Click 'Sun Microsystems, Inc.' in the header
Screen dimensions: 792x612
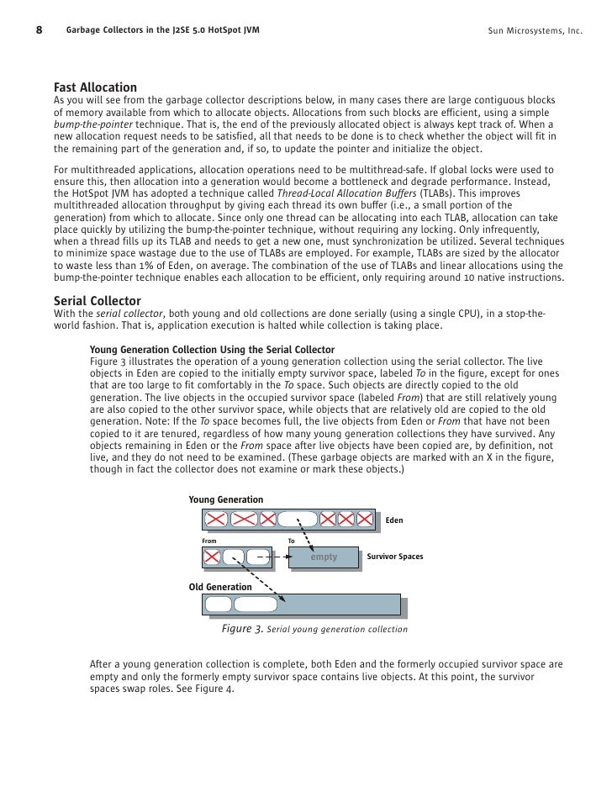click(535, 32)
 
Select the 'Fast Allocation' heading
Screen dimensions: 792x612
click(95, 87)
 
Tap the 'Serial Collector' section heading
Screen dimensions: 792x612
click(98, 300)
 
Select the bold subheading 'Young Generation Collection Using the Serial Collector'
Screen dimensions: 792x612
click(212, 350)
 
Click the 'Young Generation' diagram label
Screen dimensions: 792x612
click(225, 499)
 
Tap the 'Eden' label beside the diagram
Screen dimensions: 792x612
click(393, 520)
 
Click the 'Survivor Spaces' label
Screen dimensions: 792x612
click(394, 557)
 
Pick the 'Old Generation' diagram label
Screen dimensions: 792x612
click(220, 587)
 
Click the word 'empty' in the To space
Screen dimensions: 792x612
click(324, 557)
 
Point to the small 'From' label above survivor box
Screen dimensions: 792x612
click(209, 541)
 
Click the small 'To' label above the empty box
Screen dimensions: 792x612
click(291, 541)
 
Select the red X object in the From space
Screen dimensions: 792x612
click(213, 557)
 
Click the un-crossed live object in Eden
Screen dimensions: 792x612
click(298, 520)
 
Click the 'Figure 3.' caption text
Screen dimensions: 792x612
click(242, 628)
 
